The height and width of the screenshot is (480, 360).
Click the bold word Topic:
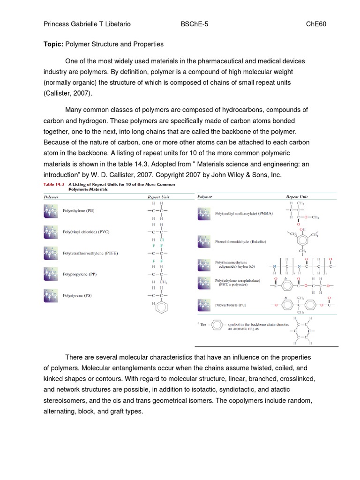[x=53, y=44]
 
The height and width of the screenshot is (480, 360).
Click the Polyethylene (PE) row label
[x=79, y=211]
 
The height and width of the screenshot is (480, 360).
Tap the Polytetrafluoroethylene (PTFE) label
[x=90, y=253]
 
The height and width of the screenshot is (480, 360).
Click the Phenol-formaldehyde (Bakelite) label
[x=233, y=242]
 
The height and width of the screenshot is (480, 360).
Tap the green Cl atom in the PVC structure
[x=161, y=239]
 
